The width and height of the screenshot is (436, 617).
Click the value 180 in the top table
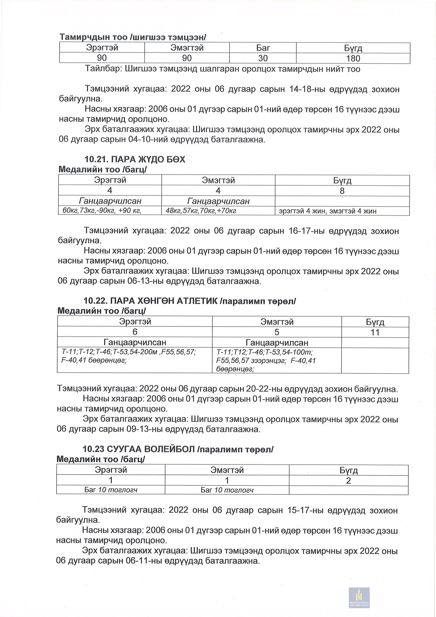[353, 58]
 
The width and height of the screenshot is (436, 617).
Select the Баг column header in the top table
[263, 48]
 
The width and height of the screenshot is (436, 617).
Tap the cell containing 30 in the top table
[263, 58]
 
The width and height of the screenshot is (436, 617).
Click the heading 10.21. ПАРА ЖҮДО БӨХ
[135, 159]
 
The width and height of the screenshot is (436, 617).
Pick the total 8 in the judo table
[342, 191]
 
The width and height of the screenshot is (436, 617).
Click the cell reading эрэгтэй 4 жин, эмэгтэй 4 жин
[327, 211]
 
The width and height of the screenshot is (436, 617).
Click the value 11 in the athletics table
[375, 332]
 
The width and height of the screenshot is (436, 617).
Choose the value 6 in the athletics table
[135, 332]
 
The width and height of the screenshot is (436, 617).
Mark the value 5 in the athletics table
[277, 332]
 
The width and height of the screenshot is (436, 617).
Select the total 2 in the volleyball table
[348, 481]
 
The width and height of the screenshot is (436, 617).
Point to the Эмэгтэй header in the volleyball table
[227, 470]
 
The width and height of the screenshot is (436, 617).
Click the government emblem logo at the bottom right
[359, 597]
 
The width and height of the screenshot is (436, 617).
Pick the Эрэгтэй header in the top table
[102, 48]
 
